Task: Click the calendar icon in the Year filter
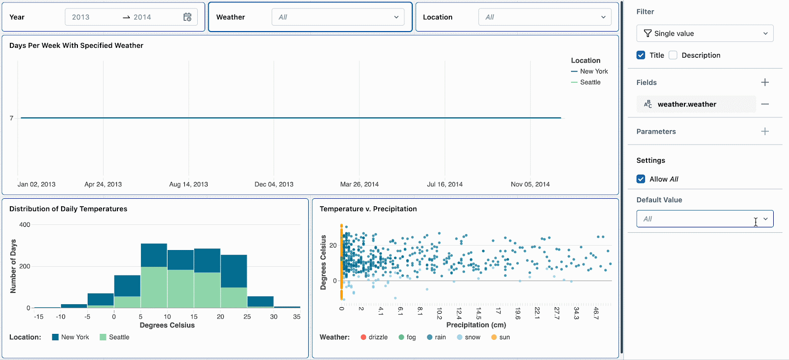187,17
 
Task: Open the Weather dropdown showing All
338,17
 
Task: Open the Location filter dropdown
544,17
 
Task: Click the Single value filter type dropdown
705,34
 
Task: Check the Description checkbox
673,55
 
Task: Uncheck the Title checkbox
641,55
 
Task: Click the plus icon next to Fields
765,82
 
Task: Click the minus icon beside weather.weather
765,104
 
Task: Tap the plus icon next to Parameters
765,131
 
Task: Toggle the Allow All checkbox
641,179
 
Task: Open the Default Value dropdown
705,219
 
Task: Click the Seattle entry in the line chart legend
590,82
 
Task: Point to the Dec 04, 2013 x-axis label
274,184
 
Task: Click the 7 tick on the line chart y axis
11,118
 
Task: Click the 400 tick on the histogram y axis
25,225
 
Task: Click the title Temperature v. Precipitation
368,209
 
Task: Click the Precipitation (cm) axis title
476,325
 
